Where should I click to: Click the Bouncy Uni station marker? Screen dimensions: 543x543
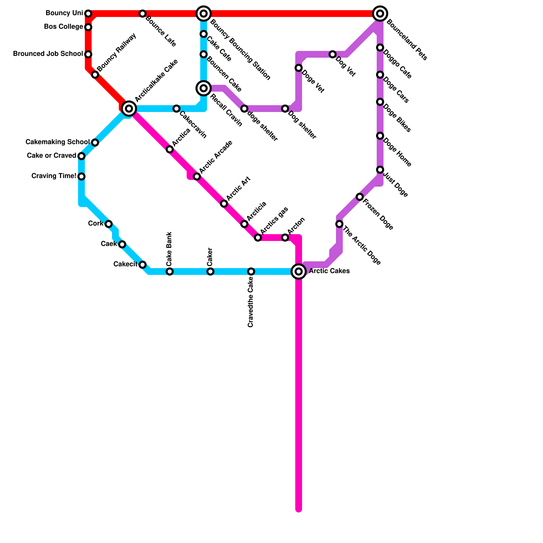88,14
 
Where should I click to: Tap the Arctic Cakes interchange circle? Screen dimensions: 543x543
299,271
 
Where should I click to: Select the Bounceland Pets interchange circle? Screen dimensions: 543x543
380,14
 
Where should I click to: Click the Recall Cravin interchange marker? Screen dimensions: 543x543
204,88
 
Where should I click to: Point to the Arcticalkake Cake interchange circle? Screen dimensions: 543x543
129,109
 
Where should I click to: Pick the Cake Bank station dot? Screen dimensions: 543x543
170,271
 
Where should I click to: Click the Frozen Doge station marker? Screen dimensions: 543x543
360,197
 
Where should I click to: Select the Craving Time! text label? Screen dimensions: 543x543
54,176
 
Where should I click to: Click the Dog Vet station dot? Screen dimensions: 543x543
333,54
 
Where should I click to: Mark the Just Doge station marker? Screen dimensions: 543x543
380,170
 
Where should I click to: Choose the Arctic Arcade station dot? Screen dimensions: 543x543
197,176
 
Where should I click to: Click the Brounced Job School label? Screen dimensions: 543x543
48,54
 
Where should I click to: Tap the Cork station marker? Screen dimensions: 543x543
109,224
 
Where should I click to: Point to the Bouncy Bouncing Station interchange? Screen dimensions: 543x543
204,14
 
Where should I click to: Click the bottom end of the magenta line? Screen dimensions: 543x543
299,509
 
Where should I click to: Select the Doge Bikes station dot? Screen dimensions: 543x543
380,102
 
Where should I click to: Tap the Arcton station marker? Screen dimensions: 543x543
285,238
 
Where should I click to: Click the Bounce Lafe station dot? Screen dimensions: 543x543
143,14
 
